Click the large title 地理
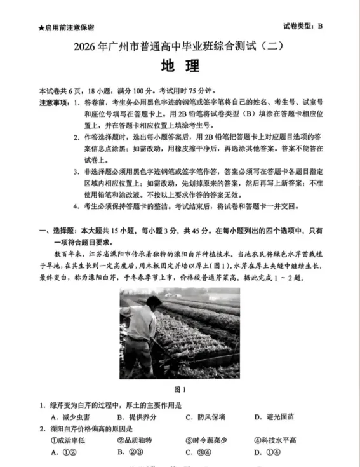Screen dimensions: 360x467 click(x=180, y=66)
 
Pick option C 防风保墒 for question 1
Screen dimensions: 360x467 click(x=206, y=417)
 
